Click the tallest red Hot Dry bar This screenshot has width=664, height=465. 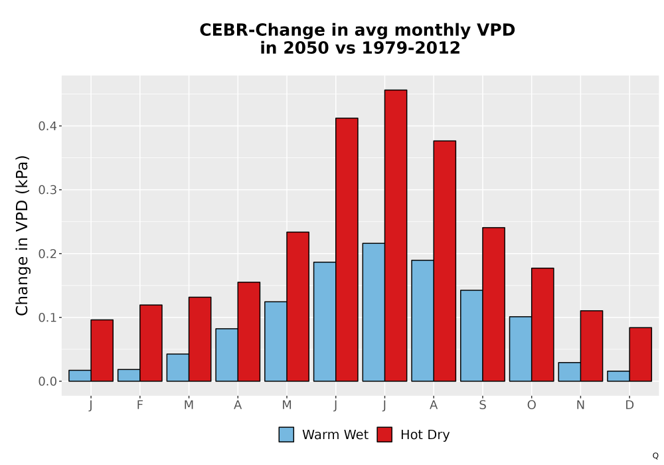coord(396,235)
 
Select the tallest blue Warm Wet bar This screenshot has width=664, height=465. coord(373,312)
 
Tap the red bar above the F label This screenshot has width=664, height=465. coord(151,343)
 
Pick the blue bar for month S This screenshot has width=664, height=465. coord(471,336)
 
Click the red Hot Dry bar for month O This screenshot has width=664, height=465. coord(542,325)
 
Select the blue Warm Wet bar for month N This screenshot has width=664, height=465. coord(569,372)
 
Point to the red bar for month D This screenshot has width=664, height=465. coord(640,355)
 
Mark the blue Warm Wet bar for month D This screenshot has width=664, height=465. coord(618,376)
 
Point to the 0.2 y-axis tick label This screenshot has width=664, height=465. coord(46,254)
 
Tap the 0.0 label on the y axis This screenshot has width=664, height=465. coord(46,381)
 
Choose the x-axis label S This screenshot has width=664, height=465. coord(482,405)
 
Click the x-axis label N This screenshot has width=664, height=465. coord(580,405)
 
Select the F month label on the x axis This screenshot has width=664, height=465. coord(139,405)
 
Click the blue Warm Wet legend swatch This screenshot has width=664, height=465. coord(286,434)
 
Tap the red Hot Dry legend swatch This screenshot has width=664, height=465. coord(384,434)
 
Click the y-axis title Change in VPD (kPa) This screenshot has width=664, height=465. coord(22,236)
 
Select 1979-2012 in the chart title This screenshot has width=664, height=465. coord(411,48)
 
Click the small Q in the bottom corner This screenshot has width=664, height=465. coord(655,456)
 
